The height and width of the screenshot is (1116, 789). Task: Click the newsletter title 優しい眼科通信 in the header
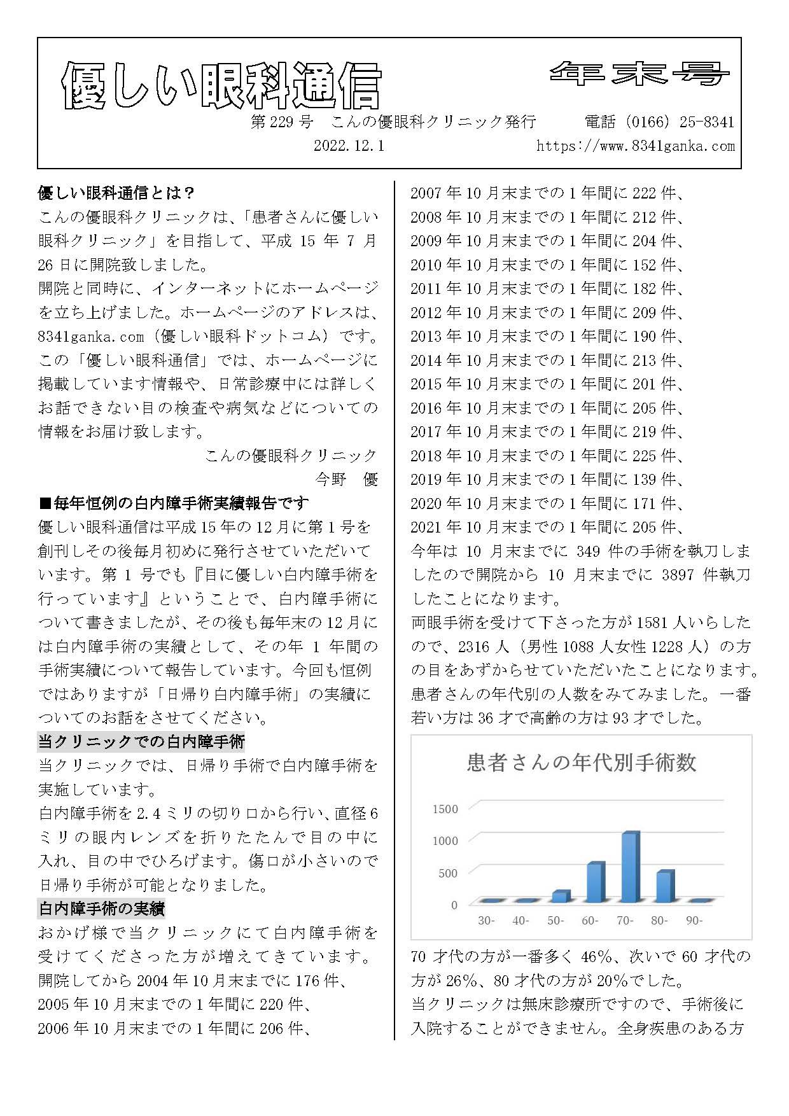click(x=221, y=86)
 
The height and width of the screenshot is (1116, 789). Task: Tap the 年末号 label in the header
click(x=639, y=74)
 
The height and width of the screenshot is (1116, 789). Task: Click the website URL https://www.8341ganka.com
click(x=635, y=146)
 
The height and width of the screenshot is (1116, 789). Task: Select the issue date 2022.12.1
click(x=349, y=146)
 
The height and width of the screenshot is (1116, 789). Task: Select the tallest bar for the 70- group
click(x=630, y=867)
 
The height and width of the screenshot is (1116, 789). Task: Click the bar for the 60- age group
click(x=596, y=882)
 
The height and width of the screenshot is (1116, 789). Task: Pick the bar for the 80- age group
click(x=664, y=886)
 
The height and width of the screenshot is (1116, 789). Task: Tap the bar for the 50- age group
click(x=561, y=896)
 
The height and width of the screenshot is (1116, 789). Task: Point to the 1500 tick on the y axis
click(x=445, y=809)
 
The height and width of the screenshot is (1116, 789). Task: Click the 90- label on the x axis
click(x=694, y=921)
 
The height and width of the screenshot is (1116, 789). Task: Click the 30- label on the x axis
click(x=486, y=921)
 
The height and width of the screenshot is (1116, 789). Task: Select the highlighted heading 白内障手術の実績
click(x=102, y=909)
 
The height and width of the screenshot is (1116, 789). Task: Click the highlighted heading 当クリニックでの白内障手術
click(x=141, y=741)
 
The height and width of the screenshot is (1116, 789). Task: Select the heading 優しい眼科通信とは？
click(x=116, y=193)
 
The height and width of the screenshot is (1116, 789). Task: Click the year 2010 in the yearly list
click(x=426, y=265)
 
